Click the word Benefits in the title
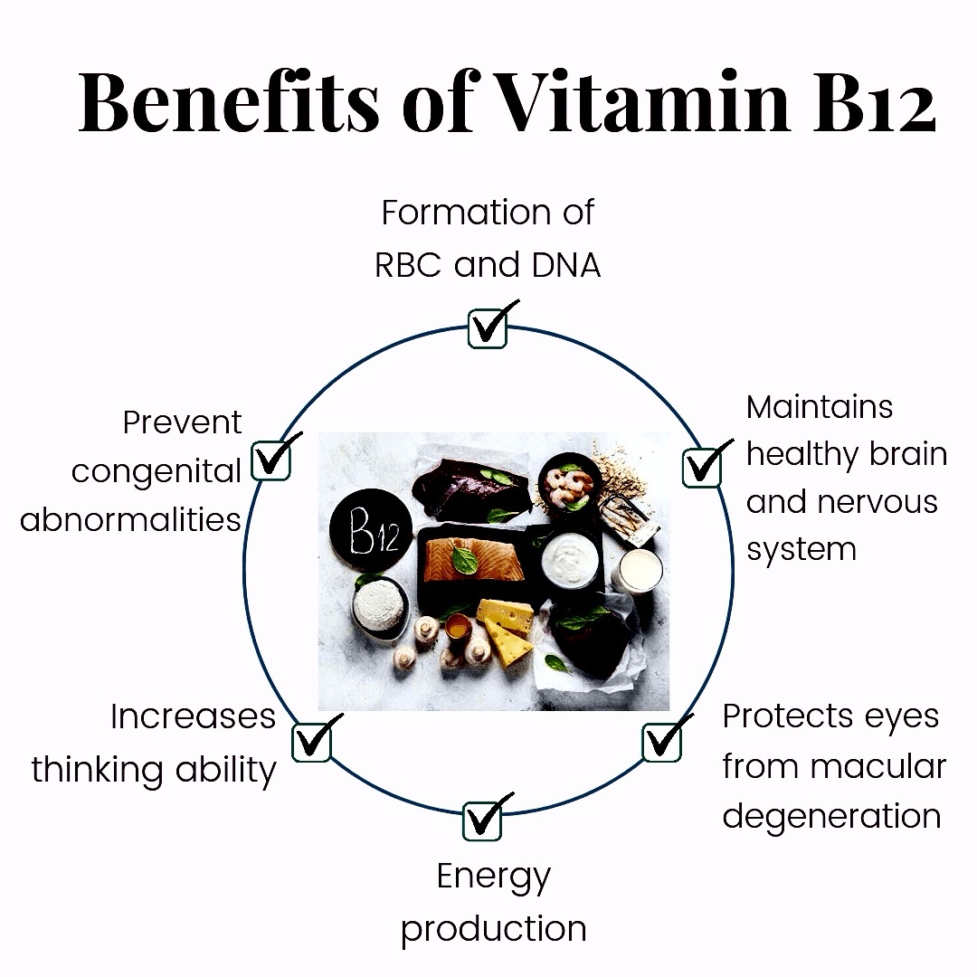[x=229, y=102]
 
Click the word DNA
[x=565, y=265]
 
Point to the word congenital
[x=156, y=472]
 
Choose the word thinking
[x=98, y=770]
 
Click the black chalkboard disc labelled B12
[x=372, y=530]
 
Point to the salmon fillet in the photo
[x=474, y=560]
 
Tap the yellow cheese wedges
[x=506, y=631]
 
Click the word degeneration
[x=832, y=816]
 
